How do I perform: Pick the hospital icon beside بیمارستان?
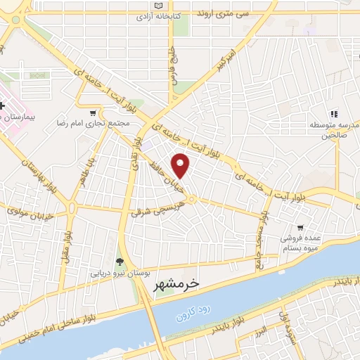coord(2,105)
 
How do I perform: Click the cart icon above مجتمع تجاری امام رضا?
coord(93,112)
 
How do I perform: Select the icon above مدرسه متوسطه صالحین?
coord(335,112)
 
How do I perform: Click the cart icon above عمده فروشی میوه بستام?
coord(300,227)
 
